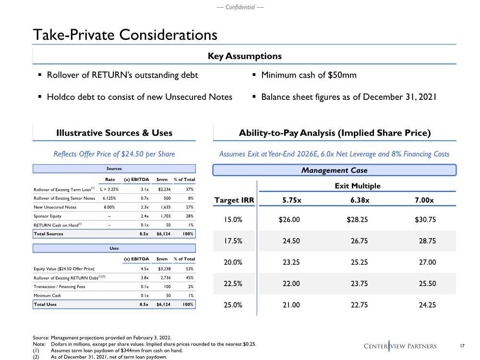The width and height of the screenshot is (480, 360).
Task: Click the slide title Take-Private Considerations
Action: pos(125,35)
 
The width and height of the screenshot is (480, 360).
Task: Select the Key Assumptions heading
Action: pos(244,56)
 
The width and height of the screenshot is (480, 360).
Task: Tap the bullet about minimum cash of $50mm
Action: pos(309,75)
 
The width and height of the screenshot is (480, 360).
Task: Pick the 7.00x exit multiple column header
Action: pos(424,200)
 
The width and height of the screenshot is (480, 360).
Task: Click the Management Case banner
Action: pos(335,170)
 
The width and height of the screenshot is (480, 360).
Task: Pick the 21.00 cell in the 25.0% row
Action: pos(290,305)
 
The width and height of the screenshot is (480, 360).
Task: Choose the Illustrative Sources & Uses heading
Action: pos(114,133)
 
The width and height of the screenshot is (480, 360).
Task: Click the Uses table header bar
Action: pos(114,248)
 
